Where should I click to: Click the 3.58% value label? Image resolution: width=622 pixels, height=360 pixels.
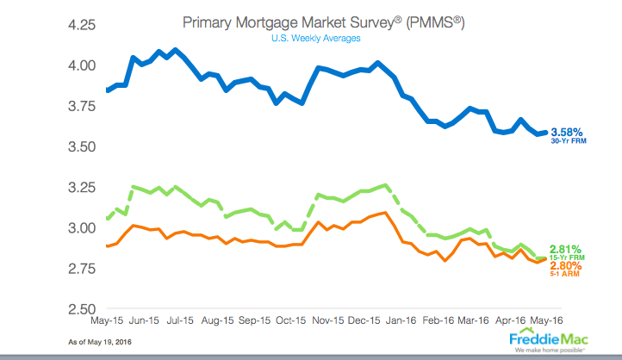pos(567,132)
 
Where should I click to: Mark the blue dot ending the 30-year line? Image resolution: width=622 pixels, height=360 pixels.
pos(544,132)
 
